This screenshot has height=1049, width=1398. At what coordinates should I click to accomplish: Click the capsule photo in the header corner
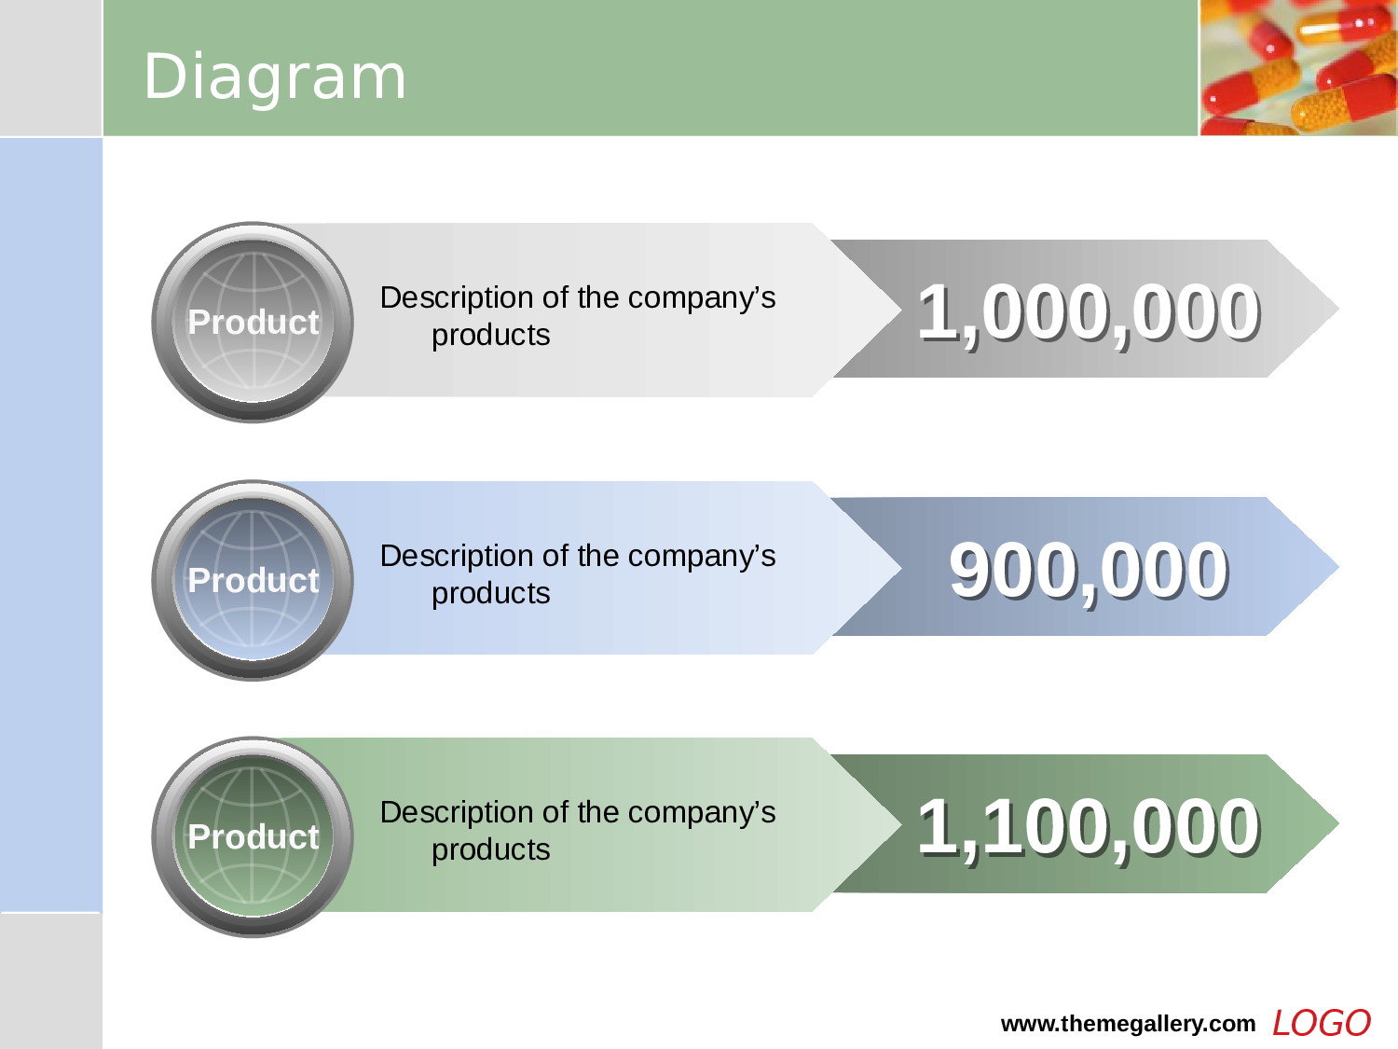[1298, 67]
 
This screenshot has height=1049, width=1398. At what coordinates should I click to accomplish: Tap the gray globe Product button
[253, 323]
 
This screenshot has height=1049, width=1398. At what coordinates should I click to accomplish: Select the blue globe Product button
[253, 580]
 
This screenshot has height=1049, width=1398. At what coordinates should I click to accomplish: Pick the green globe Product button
[253, 837]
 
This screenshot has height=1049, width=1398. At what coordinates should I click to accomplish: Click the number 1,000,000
[1089, 313]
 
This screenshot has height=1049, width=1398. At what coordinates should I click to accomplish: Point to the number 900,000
[1089, 571]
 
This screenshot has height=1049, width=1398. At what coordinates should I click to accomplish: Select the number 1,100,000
[1089, 828]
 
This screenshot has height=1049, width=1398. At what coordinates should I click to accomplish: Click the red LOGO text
[1321, 1024]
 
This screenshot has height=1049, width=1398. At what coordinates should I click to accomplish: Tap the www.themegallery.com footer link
[1128, 1024]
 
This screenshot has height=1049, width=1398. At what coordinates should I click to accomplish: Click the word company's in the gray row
[702, 298]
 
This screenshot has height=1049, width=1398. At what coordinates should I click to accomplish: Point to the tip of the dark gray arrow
[1338, 309]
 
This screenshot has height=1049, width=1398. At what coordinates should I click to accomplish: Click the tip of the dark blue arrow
[1338, 566]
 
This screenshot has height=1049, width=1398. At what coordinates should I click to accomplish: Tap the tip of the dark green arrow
[1338, 823]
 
